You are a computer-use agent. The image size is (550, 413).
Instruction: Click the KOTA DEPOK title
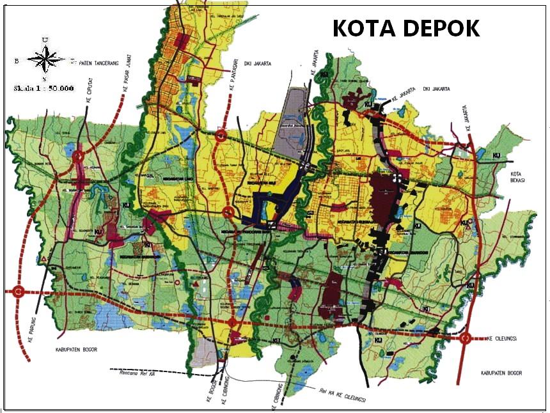click(406, 28)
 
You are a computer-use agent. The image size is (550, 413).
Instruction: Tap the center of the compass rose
click(44, 60)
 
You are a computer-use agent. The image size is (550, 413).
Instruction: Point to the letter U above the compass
click(44, 40)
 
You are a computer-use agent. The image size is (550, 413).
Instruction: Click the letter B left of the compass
click(17, 61)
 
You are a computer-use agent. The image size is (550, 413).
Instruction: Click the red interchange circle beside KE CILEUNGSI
click(466, 338)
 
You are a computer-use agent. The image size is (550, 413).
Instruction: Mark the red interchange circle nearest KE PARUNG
click(17, 292)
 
